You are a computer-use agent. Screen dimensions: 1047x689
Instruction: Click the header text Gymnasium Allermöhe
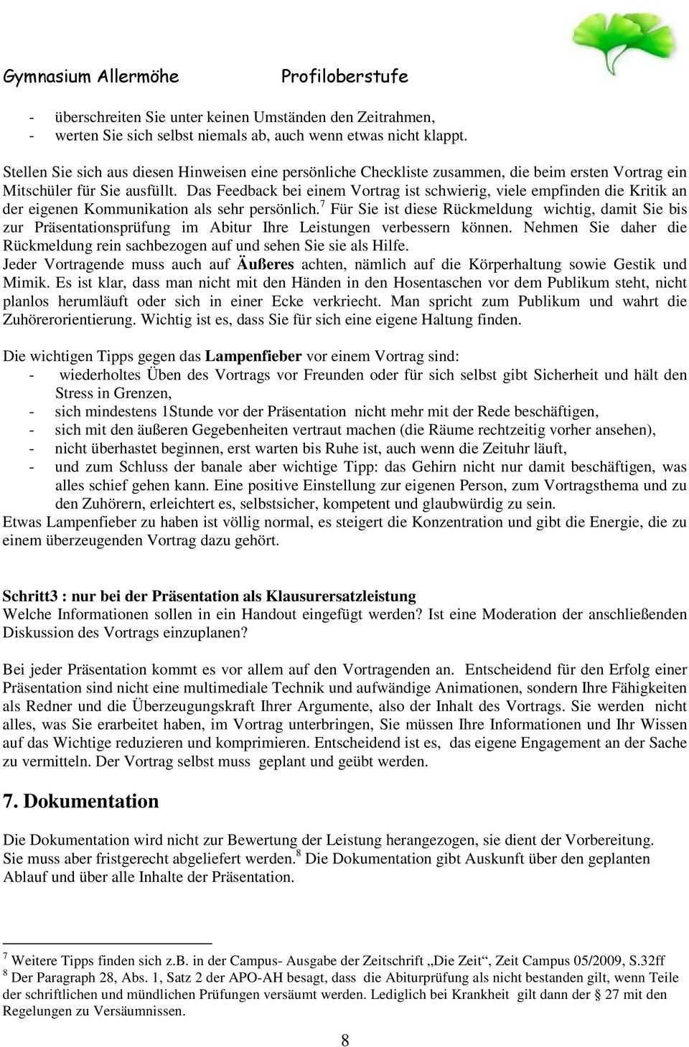point(91,77)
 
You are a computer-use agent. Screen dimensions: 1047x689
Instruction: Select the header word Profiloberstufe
point(344,77)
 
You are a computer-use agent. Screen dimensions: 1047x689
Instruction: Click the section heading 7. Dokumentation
point(81,801)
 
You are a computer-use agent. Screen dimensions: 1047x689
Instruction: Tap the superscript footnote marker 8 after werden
point(298,854)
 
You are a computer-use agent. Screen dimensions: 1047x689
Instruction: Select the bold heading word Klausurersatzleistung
point(341,596)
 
